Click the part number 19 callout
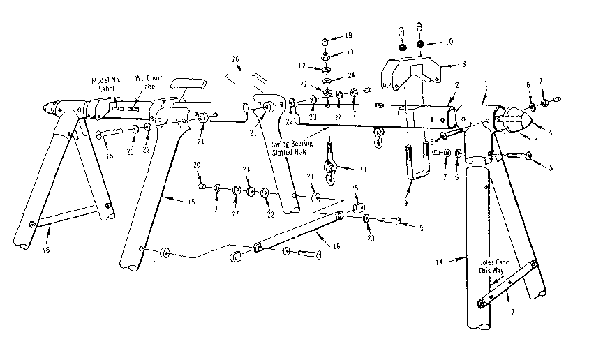coord(348,35)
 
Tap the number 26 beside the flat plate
coord(236,60)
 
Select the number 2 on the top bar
coord(456,86)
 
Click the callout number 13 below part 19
coord(348,52)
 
